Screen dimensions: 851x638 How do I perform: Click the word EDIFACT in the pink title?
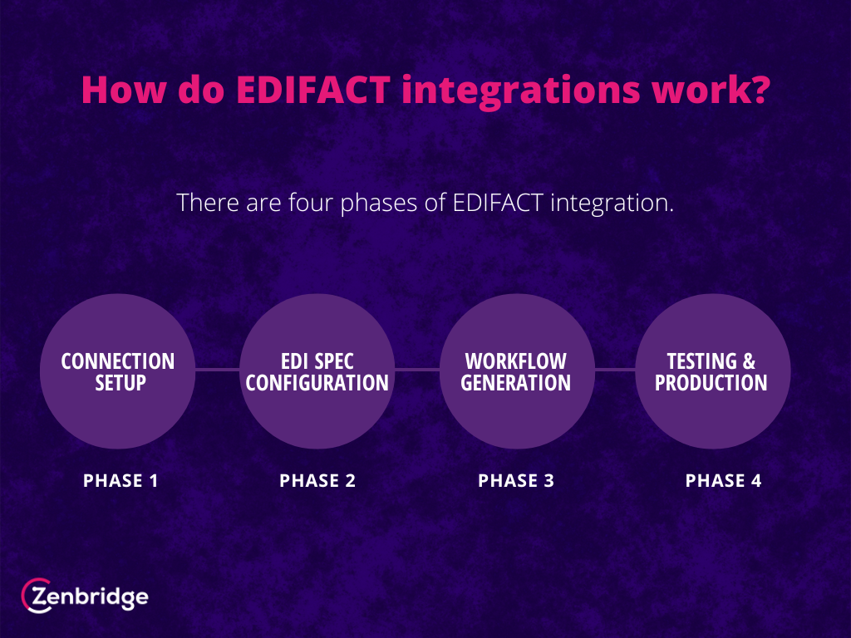coord(313,90)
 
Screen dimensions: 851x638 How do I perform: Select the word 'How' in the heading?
coord(123,90)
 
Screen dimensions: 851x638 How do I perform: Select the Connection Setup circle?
coord(118,371)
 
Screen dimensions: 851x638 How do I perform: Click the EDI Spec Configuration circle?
coord(317,371)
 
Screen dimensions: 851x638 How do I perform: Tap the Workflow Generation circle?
coord(517,371)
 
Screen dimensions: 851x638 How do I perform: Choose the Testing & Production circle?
coord(712,371)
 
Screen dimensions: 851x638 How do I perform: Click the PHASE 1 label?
coord(121,481)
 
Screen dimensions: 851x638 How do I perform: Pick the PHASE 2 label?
coord(317,481)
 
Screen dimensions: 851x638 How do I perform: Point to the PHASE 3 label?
coord(516,481)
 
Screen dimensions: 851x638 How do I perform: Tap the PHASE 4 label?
coord(724,481)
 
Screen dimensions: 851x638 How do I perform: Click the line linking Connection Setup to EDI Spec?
coord(218,370)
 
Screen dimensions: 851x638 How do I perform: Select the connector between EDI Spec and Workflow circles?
coord(417,370)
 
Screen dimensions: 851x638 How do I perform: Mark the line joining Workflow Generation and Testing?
coord(615,370)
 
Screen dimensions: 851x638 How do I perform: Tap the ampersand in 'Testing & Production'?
coord(749,361)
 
